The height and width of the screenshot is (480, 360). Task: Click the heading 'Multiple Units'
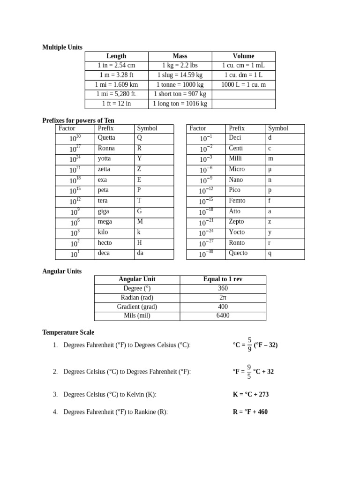(62, 47)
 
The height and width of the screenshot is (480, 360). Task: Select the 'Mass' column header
(180, 56)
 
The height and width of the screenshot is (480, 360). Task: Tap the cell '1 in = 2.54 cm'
(116, 66)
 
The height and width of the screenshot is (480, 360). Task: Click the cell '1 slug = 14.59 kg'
(180, 75)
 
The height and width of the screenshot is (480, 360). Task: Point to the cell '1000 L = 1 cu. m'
(243, 85)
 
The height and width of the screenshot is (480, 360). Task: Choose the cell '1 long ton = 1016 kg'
(180, 104)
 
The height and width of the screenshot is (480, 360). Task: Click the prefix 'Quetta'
(106, 138)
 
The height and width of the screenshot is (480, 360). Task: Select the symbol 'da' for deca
(140, 253)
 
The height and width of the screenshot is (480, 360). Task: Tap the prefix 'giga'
(103, 211)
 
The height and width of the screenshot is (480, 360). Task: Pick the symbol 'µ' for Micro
(270, 169)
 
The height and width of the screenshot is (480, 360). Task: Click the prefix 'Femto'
(237, 201)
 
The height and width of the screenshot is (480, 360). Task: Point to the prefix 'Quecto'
(238, 253)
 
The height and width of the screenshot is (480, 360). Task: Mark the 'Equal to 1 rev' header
(223, 279)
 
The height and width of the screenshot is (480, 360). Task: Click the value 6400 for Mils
(223, 316)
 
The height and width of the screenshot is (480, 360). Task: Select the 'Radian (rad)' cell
(137, 298)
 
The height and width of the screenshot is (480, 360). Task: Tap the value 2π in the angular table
(223, 298)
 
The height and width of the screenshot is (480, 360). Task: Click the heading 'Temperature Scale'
(68, 332)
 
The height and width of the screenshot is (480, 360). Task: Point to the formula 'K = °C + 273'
(251, 395)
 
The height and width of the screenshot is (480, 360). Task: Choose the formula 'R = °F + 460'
(250, 412)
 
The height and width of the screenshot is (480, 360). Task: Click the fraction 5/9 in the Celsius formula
(249, 345)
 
